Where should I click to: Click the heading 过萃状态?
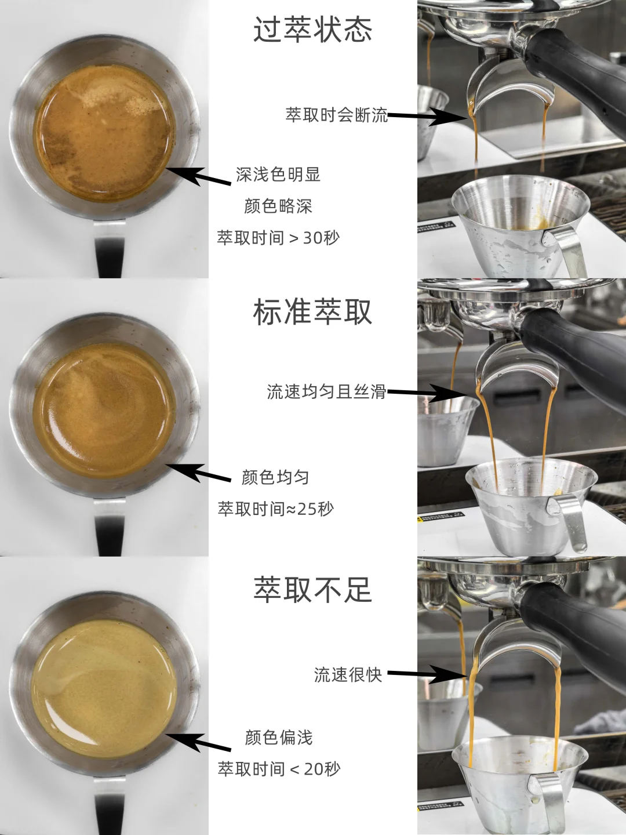coord(312,29)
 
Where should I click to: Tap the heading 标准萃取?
coord(312,312)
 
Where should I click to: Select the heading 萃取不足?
coord(312,590)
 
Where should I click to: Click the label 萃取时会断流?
coord(336,115)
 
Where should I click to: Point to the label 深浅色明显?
coord(278,175)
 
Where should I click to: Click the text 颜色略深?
coord(278,206)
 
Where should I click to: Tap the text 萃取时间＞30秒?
coord(278,238)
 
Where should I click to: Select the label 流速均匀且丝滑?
coord(326,392)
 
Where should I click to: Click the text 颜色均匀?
coord(275,477)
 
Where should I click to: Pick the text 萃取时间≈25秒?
coord(275,509)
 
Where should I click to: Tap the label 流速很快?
coord(348,674)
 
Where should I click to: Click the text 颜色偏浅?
coord(278,738)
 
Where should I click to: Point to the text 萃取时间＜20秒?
coord(279,769)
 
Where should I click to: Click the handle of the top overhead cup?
coord(110,249)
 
